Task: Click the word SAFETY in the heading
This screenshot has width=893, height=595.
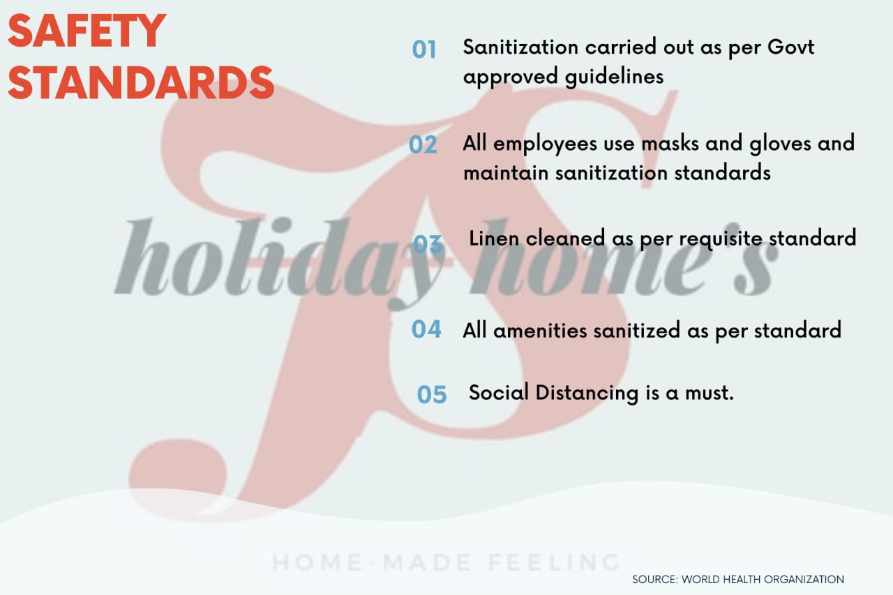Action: (x=87, y=31)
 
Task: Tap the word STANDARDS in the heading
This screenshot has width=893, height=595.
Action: (x=141, y=82)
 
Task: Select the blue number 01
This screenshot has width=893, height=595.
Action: (x=423, y=50)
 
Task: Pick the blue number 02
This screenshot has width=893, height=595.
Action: (x=423, y=144)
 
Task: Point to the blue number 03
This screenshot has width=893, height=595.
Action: (x=428, y=244)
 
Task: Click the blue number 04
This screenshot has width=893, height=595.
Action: (x=426, y=329)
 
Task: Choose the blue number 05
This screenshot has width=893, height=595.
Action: (x=432, y=395)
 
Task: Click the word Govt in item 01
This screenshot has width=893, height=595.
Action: (x=791, y=47)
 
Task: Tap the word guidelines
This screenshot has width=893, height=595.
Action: (x=615, y=77)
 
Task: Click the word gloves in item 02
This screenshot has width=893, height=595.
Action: (x=780, y=144)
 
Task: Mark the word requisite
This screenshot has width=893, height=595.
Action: (x=721, y=239)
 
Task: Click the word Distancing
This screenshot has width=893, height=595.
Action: (x=587, y=393)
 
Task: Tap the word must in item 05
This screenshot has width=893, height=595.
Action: (x=710, y=393)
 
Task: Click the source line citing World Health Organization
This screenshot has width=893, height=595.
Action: (x=738, y=580)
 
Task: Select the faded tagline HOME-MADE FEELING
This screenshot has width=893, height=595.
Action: (x=446, y=562)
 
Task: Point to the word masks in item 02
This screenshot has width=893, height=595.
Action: (x=670, y=143)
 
